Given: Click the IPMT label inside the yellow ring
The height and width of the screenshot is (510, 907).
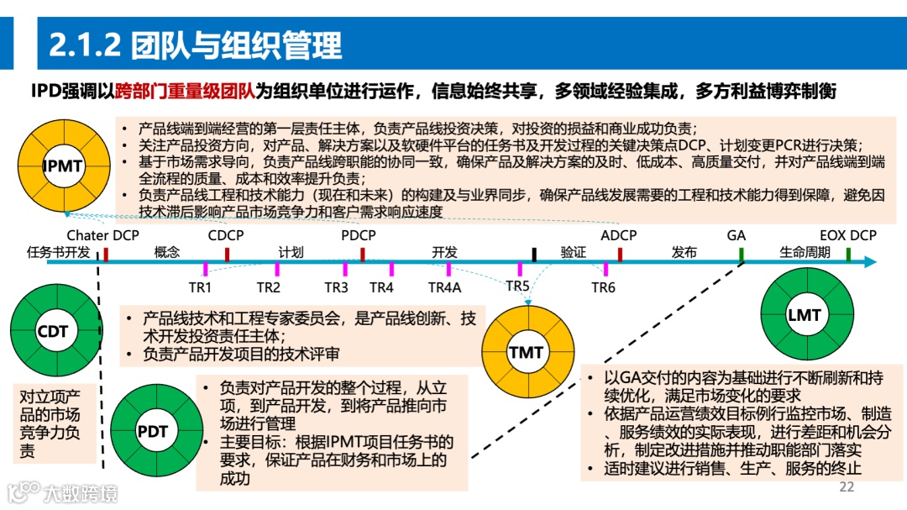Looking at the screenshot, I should [x=63, y=166].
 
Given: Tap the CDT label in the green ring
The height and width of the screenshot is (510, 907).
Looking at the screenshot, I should [x=52, y=331].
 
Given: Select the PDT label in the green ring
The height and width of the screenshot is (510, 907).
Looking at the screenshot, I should [x=152, y=432].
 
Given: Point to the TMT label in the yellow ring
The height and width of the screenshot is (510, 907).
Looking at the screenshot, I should [x=526, y=352].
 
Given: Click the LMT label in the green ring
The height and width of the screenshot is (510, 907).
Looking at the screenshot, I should [x=804, y=316].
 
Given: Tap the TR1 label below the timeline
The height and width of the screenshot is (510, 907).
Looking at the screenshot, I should [x=200, y=287].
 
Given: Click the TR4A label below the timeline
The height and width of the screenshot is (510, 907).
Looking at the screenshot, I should [x=444, y=287].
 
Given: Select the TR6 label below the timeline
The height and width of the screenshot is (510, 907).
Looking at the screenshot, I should [x=603, y=287].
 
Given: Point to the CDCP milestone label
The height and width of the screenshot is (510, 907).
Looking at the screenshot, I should [x=226, y=236].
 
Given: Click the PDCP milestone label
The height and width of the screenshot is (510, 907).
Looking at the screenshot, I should [x=359, y=236].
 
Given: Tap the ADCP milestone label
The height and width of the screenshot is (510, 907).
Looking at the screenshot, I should [x=618, y=236].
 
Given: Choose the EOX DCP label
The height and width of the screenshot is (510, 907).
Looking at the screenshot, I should [x=848, y=236].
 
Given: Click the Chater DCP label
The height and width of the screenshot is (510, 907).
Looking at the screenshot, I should [x=103, y=236].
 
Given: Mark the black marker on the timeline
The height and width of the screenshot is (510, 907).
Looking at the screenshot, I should [x=534, y=254].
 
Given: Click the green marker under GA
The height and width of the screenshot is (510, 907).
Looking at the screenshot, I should [x=742, y=254].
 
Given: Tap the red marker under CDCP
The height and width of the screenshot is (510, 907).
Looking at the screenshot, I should [x=228, y=254].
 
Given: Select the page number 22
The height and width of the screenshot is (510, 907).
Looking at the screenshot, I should [x=846, y=487].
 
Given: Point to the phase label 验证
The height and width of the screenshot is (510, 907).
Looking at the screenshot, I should [x=573, y=252].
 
